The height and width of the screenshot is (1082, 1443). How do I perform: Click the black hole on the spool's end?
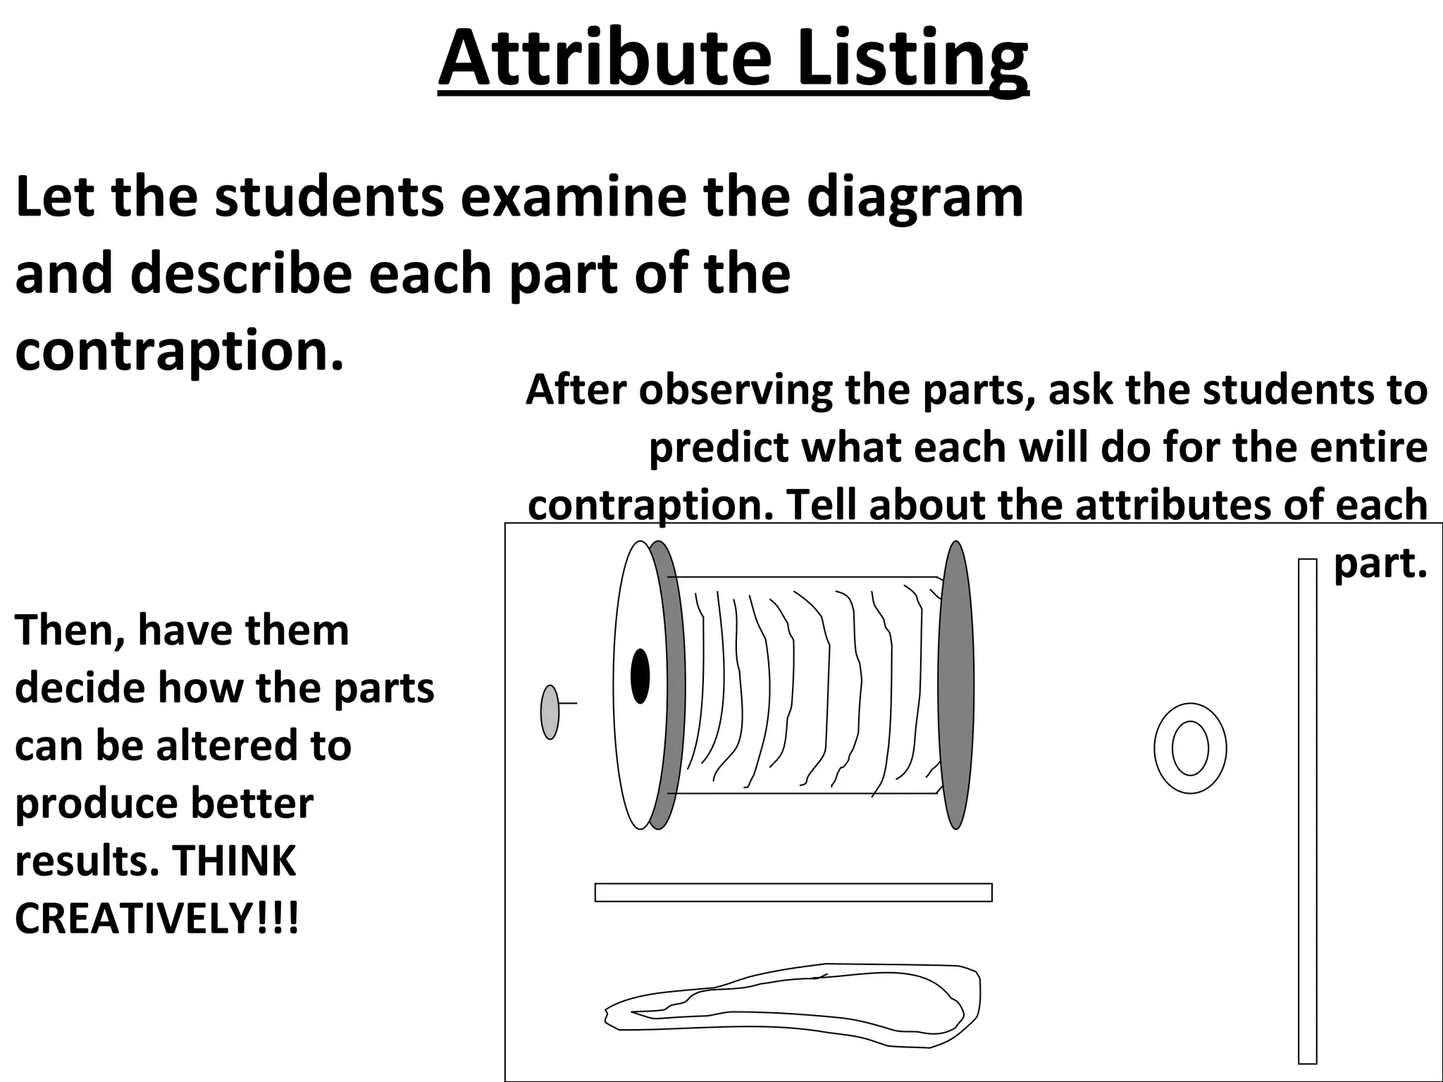coord(640,676)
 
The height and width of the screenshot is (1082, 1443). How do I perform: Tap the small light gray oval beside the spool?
coord(550,712)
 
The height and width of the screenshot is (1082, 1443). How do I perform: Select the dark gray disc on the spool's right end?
coord(956,685)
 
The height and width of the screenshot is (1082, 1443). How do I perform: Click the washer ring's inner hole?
coord(1190,748)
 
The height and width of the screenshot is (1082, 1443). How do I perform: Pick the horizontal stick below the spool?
coord(793,893)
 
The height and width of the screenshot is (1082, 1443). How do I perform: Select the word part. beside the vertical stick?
coord(1380,564)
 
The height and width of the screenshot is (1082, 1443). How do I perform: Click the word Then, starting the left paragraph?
coord(70,630)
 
